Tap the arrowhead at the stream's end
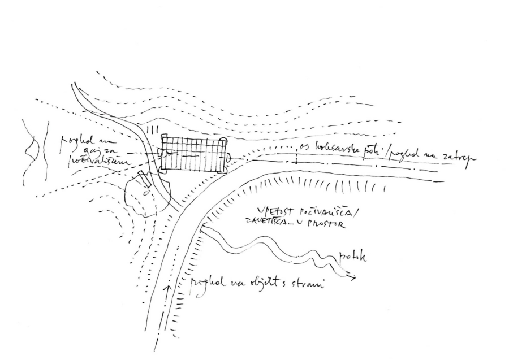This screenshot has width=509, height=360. [x=353, y=278]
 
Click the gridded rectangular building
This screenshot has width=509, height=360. [x=192, y=153]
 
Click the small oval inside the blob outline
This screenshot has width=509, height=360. [x=146, y=193]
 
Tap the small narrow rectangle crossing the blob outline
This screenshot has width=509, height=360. [x=145, y=178]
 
